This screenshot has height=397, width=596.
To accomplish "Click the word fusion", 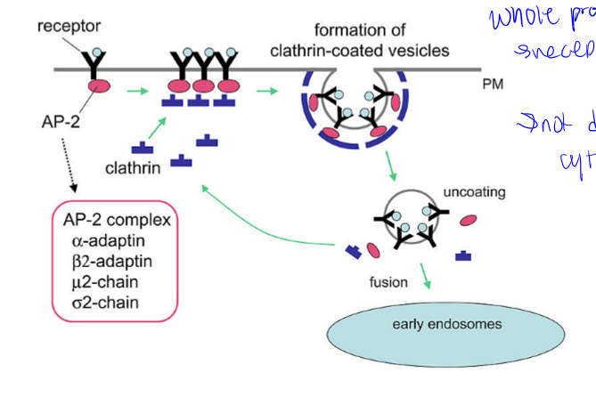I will click(388, 282).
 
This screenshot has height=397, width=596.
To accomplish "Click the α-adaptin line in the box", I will click(103, 240).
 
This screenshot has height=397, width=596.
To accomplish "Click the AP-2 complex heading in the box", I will click(117, 219).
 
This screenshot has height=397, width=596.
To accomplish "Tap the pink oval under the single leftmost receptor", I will click(98, 86).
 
